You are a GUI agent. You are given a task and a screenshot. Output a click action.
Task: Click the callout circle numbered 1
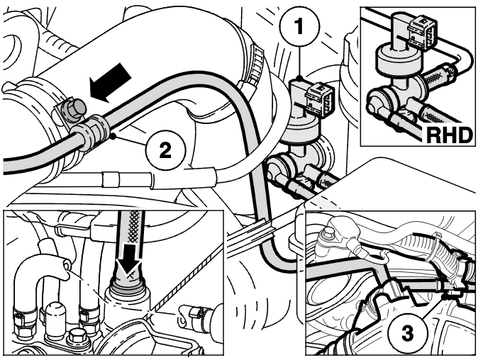[x=299, y=26]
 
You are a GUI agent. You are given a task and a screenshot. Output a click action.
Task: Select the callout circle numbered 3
[x=408, y=333]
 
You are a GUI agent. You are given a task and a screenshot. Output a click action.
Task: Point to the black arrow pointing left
[x=110, y=82]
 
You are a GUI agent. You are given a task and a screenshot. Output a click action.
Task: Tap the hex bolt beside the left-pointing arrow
[x=76, y=109]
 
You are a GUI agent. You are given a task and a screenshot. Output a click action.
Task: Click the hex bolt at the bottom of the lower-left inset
[x=75, y=337]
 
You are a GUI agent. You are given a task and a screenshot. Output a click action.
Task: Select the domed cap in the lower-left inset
[x=55, y=318]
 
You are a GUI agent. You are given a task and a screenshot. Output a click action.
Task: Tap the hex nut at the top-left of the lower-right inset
[x=328, y=234]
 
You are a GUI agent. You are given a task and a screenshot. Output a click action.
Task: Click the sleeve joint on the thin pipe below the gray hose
[x=111, y=180]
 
